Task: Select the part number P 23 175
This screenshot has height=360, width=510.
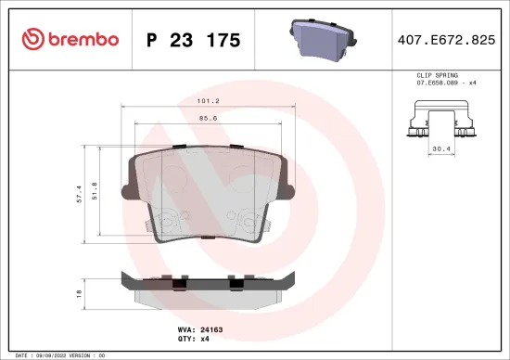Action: tap(194, 40)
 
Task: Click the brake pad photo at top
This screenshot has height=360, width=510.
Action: tap(321, 40)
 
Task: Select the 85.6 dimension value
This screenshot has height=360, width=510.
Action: tap(206, 119)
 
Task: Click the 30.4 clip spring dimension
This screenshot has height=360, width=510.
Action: tap(440, 146)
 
